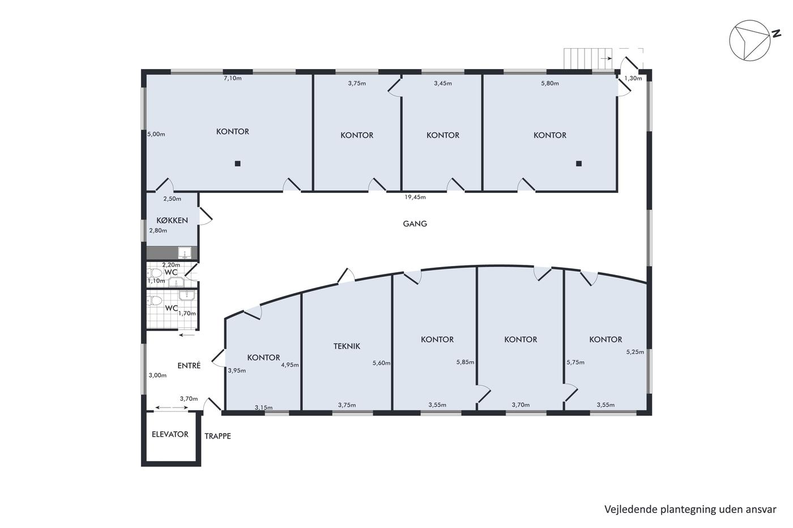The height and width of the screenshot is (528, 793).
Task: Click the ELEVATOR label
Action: (170, 434)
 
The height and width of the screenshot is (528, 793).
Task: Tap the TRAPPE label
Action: (218, 436)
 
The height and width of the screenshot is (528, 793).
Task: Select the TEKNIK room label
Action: (347, 346)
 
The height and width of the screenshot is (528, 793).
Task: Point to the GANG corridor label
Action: (415, 224)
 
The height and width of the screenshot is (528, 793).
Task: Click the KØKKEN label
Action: (172, 220)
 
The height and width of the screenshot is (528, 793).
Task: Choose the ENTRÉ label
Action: (189, 366)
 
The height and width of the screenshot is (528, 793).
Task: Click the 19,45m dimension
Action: (415, 197)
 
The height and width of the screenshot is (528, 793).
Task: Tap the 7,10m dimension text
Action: (233, 78)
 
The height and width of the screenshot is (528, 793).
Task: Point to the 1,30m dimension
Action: (633, 78)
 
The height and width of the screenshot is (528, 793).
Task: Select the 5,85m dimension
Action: (465, 362)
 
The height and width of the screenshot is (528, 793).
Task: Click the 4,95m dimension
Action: (290, 364)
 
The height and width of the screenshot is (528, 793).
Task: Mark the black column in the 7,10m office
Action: (238, 164)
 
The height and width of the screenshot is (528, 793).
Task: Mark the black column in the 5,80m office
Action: (579, 164)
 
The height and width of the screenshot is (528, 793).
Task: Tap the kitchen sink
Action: (185, 253)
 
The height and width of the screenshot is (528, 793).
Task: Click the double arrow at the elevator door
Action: (172, 408)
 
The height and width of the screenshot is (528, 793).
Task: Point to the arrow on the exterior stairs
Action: (607, 58)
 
